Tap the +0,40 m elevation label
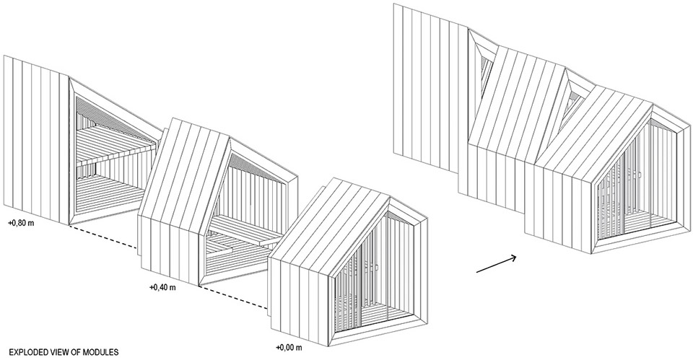click(x=163, y=287)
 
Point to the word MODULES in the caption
click(x=100, y=352)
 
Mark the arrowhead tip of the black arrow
click(x=518, y=257)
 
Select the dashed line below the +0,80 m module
click(x=103, y=238)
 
